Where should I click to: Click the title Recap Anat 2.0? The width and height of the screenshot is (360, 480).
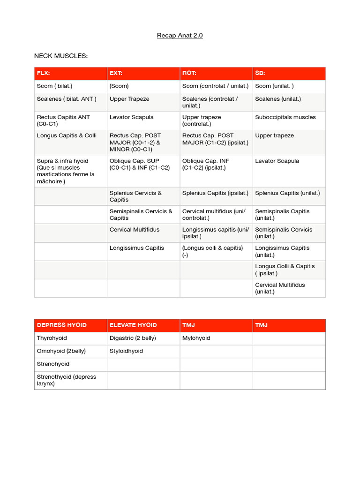point(180,35)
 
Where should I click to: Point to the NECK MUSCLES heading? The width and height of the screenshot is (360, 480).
point(61,56)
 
